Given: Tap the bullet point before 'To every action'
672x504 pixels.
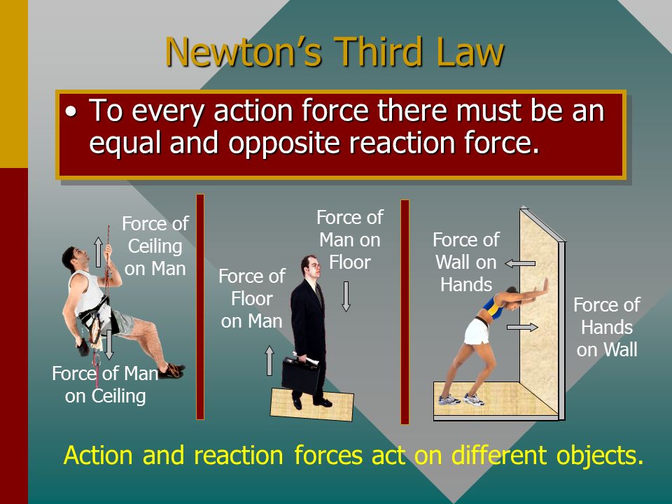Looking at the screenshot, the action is click(71, 112).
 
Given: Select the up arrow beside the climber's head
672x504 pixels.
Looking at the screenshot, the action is click(98, 252).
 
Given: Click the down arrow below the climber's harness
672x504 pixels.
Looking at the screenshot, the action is click(109, 344).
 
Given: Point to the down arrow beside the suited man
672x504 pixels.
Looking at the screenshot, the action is click(346, 296).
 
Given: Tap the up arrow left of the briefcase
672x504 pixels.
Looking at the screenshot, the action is click(269, 361).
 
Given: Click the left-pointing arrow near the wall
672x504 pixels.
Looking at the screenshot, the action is click(520, 264).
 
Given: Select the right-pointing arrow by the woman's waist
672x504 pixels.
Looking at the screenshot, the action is click(522, 328).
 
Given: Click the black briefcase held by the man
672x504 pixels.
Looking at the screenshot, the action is click(301, 374).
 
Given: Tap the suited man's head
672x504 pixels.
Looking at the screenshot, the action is click(311, 267).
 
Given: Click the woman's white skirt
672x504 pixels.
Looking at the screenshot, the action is click(477, 331).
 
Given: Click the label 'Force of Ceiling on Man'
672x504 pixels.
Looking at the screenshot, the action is click(155, 246).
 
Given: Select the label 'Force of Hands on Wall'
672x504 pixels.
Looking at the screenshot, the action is click(606, 327).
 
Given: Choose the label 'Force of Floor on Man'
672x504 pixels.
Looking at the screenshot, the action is click(251, 298).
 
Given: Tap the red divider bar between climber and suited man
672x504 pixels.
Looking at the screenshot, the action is click(200, 307).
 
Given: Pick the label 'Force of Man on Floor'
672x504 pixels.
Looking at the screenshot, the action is click(350, 239).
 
